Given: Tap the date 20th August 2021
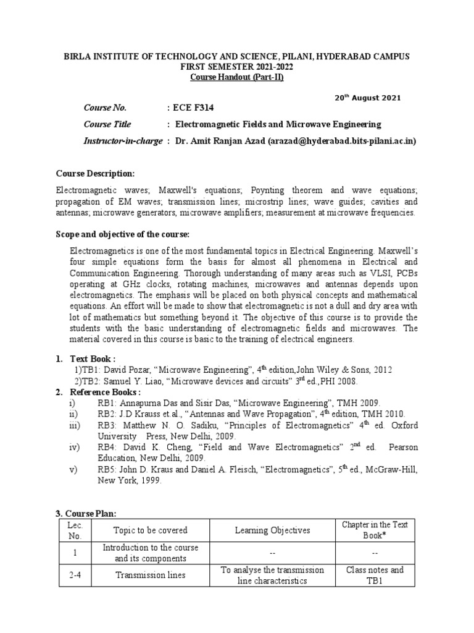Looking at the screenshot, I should [367, 98].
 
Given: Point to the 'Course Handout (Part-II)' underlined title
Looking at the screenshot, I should [237, 77].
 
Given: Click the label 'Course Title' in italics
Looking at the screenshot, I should [107, 124].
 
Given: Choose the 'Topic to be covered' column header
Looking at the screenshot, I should [150, 530].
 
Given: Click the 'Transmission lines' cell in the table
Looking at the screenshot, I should [150, 575].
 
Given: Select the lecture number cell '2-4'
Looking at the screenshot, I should [75, 575].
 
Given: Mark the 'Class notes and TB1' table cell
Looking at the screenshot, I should [375, 575].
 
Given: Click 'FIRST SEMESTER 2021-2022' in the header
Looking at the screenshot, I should [237, 66].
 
